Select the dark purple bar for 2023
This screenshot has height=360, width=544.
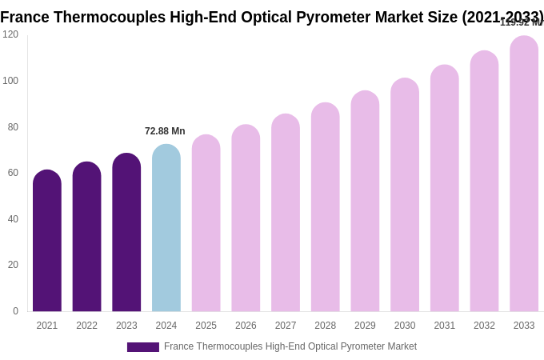pyautogui.click(x=126, y=233)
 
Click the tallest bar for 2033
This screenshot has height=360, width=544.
pyautogui.click(x=524, y=174)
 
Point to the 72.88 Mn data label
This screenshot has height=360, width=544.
pyautogui.click(x=165, y=131)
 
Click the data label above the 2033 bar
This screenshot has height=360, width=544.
pyautogui.click(x=521, y=22)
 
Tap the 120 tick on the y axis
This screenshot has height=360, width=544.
pyautogui.click(x=10, y=34)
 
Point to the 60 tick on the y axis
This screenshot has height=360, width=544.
pyautogui.click(x=13, y=173)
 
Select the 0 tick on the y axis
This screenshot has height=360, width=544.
pyautogui.click(x=15, y=311)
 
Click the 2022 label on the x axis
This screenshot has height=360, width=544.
pyautogui.click(x=87, y=326)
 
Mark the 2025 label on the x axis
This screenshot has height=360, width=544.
pyautogui.click(x=206, y=326)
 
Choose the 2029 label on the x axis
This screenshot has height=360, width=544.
pyautogui.click(x=365, y=326)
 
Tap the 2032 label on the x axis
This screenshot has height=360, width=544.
pyautogui.click(x=484, y=326)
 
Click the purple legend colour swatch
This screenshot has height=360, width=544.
pyautogui.click(x=143, y=347)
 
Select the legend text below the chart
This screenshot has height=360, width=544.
pyautogui.click(x=290, y=346)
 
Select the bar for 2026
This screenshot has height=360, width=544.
pyautogui.click(x=246, y=218)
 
